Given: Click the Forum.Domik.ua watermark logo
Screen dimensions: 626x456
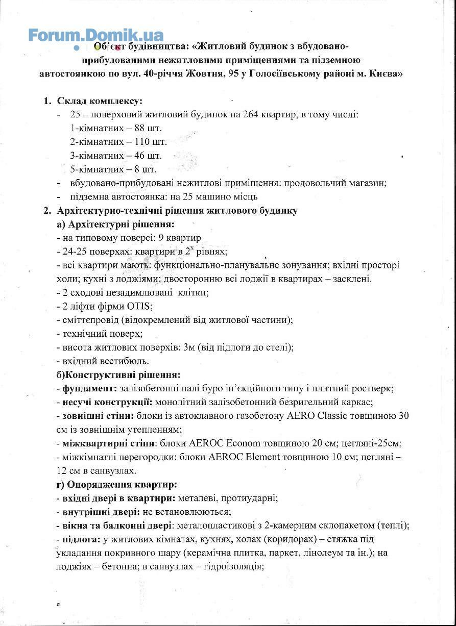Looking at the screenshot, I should (x=95, y=35).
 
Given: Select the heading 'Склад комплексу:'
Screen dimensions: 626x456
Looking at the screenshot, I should (x=100, y=101).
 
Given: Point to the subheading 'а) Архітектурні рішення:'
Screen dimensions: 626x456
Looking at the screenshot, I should (x=115, y=224).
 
